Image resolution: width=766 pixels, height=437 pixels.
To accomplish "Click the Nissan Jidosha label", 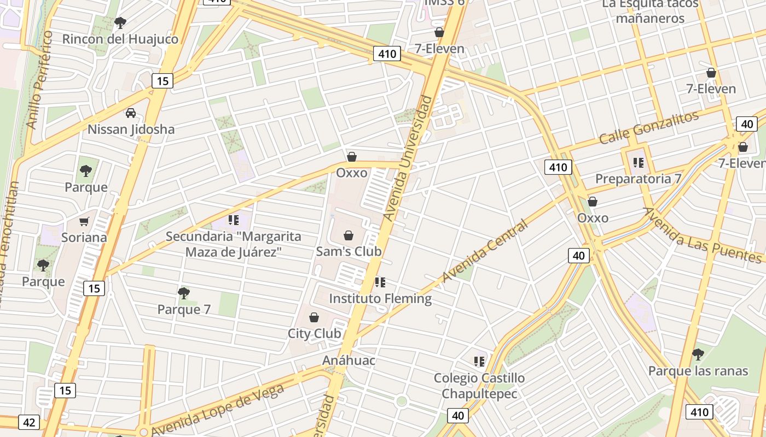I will (x=131, y=129).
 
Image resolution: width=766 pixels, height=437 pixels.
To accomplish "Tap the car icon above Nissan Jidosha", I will (x=131, y=113).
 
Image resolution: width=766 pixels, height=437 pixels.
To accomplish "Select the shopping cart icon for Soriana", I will (x=84, y=221).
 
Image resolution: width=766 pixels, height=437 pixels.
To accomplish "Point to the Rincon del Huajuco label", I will (x=120, y=39).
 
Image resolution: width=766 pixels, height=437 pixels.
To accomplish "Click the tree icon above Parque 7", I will (x=184, y=293).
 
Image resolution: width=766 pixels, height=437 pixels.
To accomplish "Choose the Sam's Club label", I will (x=349, y=252).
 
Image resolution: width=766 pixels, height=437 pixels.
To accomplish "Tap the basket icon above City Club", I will (x=314, y=317).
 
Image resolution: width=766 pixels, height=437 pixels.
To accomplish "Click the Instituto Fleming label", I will (x=380, y=299).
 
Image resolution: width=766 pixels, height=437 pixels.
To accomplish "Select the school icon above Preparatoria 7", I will (x=638, y=162).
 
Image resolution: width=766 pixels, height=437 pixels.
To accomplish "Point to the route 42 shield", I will (x=29, y=422).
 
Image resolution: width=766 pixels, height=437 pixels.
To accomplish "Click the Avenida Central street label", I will (x=485, y=251).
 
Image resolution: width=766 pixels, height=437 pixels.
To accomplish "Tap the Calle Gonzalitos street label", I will (x=649, y=127).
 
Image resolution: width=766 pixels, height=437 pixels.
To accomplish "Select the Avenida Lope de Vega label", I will (x=217, y=410).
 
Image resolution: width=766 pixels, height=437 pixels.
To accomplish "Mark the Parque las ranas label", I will (x=698, y=371).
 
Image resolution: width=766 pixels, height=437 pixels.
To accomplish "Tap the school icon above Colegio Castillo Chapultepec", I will (x=479, y=361).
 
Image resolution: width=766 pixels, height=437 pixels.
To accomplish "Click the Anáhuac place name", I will (x=349, y=361).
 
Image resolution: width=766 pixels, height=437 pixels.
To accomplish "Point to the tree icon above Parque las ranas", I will (x=698, y=355).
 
